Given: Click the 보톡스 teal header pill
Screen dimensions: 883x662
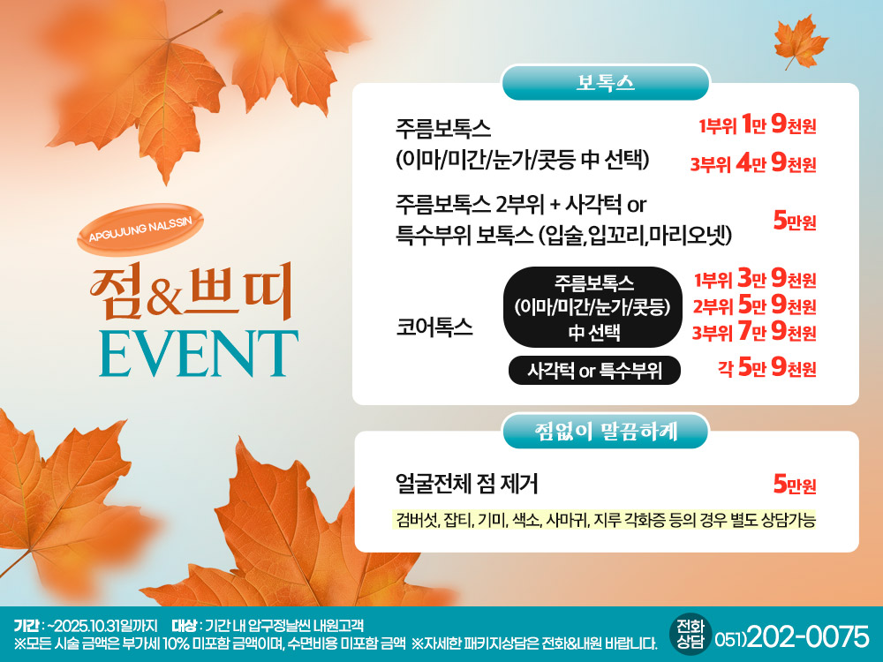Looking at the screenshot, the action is (606, 83).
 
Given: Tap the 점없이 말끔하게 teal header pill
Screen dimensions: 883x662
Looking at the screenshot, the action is (606, 432).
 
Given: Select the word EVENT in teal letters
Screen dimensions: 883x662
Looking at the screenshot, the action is (199, 354).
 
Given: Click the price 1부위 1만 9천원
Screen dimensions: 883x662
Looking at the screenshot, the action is (757, 124).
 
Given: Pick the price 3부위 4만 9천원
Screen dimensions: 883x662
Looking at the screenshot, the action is (753, 163).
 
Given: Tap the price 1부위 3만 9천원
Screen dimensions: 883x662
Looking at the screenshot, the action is (755, 278).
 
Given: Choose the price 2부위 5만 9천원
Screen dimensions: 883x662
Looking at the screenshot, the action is (755, 305).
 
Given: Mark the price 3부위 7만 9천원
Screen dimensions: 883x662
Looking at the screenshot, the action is (754, 332).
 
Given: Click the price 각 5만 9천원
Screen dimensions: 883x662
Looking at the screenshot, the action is (767, 368).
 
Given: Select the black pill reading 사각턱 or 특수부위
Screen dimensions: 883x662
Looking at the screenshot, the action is (594, 371).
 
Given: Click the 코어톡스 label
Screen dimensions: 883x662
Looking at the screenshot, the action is (434, 327).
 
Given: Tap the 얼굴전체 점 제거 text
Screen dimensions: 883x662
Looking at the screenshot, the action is (467, 484).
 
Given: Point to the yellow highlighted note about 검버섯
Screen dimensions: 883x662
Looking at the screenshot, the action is (604, 520).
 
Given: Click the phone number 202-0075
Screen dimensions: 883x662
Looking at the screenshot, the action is (808, 636).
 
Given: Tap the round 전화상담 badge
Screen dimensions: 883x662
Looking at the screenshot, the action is (691, 634).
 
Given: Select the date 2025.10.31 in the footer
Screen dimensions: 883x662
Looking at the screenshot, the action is (87, 626).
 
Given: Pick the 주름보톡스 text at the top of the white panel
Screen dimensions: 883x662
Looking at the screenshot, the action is (443, 128).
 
